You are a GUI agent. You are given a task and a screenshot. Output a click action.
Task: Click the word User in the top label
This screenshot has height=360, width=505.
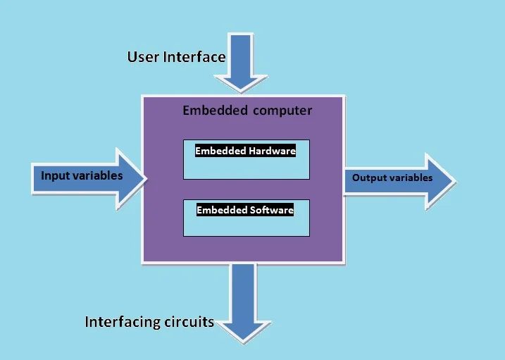coord(144,57)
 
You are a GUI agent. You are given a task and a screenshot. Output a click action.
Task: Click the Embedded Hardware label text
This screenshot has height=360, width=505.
coord(245,150)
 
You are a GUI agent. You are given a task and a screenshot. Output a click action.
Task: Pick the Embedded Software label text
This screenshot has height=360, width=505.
coord(244,210)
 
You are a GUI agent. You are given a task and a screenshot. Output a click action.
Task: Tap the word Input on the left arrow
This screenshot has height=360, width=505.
coord(54,175)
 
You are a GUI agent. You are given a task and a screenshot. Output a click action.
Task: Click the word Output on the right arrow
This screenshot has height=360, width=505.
coord(368,178)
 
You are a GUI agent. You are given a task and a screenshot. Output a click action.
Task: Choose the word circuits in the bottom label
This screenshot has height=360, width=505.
coord(192,322)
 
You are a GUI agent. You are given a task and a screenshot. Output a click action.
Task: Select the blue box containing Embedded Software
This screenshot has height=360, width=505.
coord(247,225)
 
